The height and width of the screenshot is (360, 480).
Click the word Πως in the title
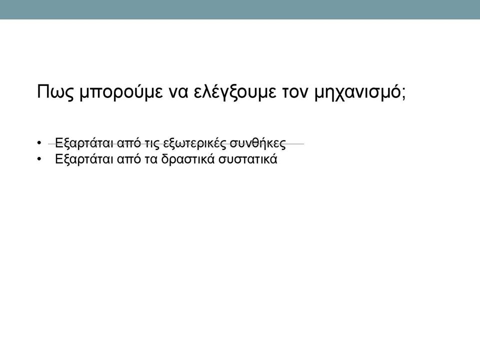pos(55,92)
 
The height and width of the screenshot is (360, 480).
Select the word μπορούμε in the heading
pos(121,92)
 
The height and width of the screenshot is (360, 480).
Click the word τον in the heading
pos(295,93)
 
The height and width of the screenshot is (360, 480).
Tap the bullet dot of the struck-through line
pos(39,143)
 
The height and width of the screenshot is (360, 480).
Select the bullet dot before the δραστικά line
pos(39,159)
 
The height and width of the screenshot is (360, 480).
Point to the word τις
pos(152,144)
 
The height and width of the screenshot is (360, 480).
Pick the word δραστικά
pos(187,159)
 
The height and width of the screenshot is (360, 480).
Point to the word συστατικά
pos(247,159)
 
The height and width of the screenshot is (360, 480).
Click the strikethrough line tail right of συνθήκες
pos(295,143)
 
